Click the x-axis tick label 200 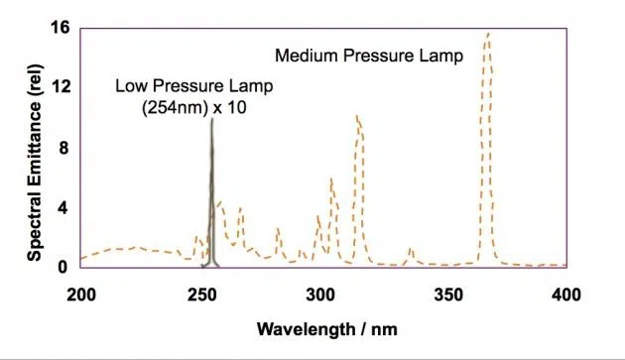(x=80, y=294)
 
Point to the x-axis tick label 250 (x=201, y=294)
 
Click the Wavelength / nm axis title (x=325, y=327)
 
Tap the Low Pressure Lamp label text (x=193, y=86)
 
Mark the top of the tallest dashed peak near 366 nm (x=487, y=35)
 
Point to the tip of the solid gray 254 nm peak (x=211, y=120)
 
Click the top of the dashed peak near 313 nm (x=357, y=116)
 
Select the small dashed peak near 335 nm (x=410, y=249)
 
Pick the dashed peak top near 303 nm (x=331, y=180)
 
